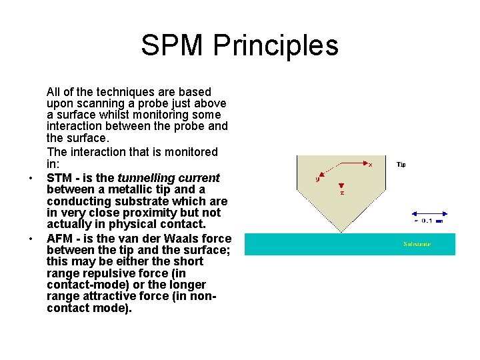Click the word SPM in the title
coord(173,45)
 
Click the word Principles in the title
coord(275,45)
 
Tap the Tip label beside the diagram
coord(401,164)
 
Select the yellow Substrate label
coord(417,244)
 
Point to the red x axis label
coord(370,164)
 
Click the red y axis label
coord(317,179)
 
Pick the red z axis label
coord(341,193)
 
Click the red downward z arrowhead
coord(341,185)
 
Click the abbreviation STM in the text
coord(59,178)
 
